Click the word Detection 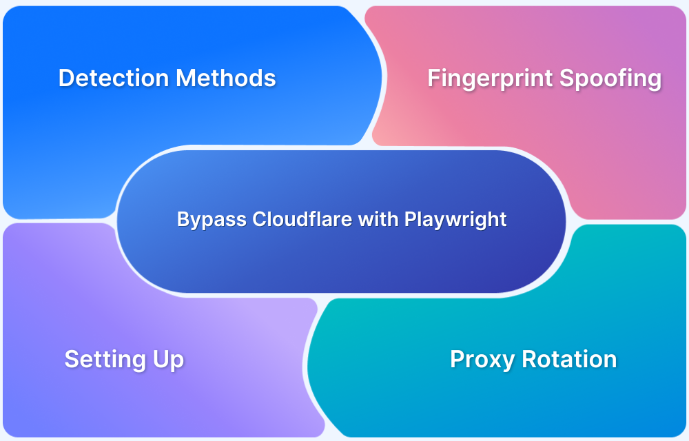tap(114, 78)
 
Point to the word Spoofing tap(610, 79)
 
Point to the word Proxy tap(482, 359)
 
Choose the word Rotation tap(568, 359)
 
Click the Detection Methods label tap(167, 78)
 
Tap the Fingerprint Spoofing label tap(544, 79)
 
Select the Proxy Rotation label tap(533, 359)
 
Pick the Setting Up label tap(124, 359)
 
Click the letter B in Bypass tap(183, 219)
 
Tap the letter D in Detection tap(66, 78)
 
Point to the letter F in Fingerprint tap(433, 78)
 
